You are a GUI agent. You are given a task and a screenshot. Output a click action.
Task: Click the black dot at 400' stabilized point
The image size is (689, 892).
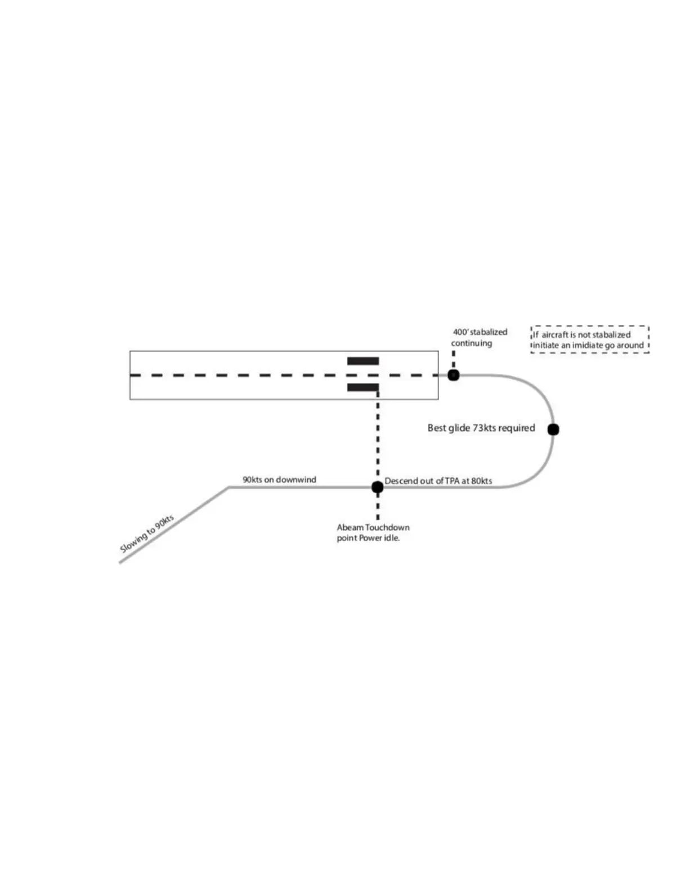453,375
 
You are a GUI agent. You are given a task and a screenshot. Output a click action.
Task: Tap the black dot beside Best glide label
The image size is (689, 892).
553,430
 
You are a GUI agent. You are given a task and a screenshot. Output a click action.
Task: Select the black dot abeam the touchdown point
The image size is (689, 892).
378,487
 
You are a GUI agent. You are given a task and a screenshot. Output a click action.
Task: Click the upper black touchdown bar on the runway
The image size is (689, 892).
363,361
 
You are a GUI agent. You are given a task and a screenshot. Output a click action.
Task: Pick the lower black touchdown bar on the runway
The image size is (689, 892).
363,387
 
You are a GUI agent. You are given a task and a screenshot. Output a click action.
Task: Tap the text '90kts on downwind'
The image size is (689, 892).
279,480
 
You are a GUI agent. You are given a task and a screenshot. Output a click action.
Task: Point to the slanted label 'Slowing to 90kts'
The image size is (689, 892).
147,533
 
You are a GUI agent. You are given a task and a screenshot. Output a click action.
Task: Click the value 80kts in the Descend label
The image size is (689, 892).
481,481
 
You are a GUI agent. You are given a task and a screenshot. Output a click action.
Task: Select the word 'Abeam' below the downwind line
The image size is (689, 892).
350,528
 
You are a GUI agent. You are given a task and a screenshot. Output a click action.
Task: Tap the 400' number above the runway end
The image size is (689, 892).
460,332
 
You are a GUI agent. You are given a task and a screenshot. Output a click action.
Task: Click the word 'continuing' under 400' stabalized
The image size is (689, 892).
471,343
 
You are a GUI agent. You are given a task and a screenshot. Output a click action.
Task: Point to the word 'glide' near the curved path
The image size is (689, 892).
459,428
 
